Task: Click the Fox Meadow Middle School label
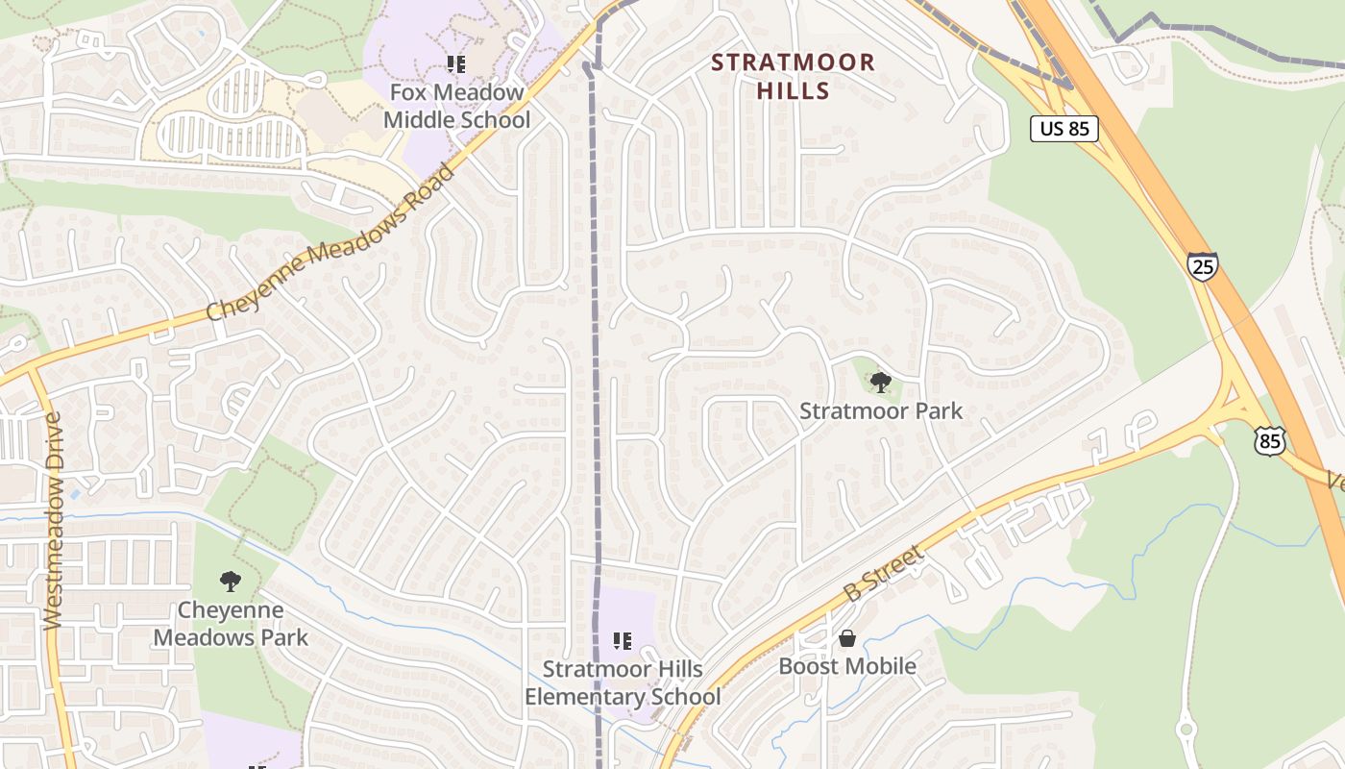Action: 456,107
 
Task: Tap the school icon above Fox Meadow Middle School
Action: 456,64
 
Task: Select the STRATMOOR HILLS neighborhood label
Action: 793,77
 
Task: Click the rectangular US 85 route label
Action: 1064,128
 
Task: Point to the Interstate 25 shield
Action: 1202,265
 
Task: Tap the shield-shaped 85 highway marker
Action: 1269,441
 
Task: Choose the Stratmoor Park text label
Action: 881,411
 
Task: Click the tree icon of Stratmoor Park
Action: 879,383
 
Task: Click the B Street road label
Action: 883,574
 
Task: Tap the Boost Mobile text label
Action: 847,665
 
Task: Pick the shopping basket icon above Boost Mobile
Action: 847,638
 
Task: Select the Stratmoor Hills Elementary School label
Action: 623,682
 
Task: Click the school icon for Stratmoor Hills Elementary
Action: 623,640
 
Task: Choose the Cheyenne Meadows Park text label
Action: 231,623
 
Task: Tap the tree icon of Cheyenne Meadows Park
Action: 230,581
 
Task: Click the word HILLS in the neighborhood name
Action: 793,91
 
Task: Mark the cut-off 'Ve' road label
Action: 1335,482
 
